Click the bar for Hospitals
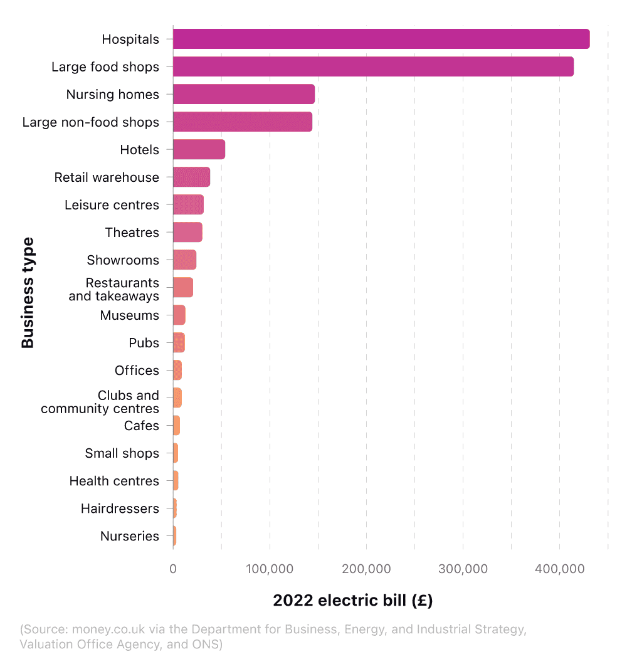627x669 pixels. pos(381,39)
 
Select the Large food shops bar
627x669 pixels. pos(373,66)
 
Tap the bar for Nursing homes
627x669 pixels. pos(243,94)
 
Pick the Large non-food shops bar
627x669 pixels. pos(242,122)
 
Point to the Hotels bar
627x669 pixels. pos(199,149)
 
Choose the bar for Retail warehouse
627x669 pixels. pos(191,177)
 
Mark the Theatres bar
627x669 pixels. pos(187,232)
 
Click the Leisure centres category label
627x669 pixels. pos(112,205)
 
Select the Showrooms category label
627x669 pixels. pos(123,260)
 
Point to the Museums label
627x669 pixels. pos(129,315)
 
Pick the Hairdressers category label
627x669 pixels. pos(120,508)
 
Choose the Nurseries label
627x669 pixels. pos(129,536)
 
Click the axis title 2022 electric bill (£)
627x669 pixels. pos(352,601)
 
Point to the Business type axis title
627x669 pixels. pos(28,292)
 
